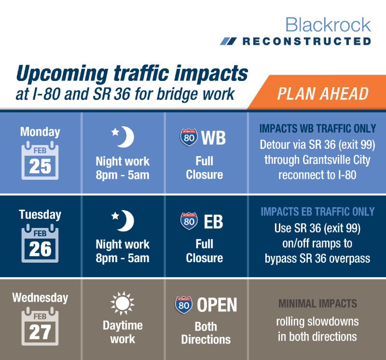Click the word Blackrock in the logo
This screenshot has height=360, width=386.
point(328,25)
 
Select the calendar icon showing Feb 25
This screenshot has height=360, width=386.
point(40,160)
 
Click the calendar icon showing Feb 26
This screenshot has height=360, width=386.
point(40,243)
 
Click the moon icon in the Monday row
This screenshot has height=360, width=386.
point(123,137)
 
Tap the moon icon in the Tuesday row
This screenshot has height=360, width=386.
point(123,221)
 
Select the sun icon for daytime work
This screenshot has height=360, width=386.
point(123,304)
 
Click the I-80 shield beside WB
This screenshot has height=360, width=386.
point(189,137)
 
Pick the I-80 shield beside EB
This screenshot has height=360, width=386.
point(189,221)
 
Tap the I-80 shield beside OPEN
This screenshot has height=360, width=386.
point(184,305)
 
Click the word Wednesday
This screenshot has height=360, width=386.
point(40,298)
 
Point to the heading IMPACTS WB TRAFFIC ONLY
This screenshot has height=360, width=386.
point(317,129)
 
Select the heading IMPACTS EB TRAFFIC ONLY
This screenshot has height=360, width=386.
point(317,212)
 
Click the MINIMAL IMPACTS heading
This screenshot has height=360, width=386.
point(317,304)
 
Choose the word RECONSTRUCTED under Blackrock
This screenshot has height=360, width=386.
point(307,41)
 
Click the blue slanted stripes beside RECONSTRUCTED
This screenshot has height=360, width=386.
point(228,41)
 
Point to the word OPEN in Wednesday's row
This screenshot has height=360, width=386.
point(217,305)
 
